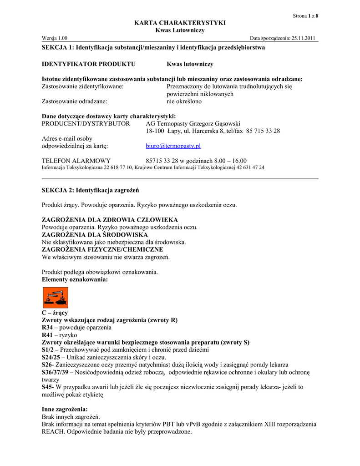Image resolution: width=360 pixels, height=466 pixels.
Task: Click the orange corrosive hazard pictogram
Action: pyautogui.click(x=55, y=298)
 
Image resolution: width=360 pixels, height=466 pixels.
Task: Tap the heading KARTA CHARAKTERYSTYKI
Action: pyautogui.click(x=180, y=23)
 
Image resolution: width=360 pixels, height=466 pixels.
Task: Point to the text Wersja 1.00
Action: pyautogui.click(x=55, y=38)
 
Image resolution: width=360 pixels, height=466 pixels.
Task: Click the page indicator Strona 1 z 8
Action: pyautogui.click(x=305, y=16)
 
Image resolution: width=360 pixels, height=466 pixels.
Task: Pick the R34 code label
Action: pyautogui.click(x=48, y=328)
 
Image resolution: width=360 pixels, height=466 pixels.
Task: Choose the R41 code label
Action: pyautogui.click(x=48, y=335)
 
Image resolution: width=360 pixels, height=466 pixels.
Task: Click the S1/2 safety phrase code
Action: pyautogui.click(x=48, y=349)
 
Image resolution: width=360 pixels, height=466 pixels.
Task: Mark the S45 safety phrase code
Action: pyautogui.click(x=47, y=387)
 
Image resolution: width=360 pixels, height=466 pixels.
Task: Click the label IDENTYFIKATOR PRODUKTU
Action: pyautogui.click(x=88, y=64)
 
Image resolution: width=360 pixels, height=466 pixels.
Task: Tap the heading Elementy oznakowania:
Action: pyautogui.click(x=75, y=279)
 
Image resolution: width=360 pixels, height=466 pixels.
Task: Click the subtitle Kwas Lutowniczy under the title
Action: pyautogui.click(x=180, y=30)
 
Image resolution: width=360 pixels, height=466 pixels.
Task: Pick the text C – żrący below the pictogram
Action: pyautogui.click(x=55, y=313)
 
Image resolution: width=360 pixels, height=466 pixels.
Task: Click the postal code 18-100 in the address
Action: pyautogui.click(x=155, y=131)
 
